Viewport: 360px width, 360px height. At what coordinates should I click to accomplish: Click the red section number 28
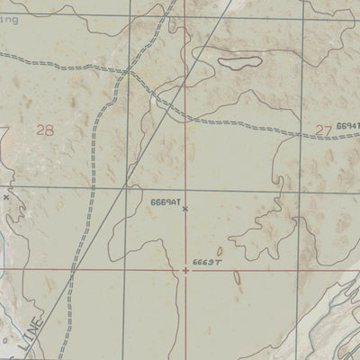pos(44,130)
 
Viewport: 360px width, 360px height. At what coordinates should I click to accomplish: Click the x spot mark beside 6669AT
pos(185,209)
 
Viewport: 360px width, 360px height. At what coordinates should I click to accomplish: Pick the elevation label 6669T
pos(206,264)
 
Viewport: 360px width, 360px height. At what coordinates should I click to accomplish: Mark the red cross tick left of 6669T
pos(186,268)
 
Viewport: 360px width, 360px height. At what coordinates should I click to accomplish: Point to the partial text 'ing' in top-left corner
pos(8,18)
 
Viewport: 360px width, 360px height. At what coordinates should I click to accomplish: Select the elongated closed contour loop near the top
pos(239,63)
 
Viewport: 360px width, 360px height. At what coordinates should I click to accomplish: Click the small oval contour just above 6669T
pos(220,252)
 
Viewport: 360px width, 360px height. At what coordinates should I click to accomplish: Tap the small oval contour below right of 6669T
pos(238,277)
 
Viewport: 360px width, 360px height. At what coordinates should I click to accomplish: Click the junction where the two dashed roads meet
pos(129,70)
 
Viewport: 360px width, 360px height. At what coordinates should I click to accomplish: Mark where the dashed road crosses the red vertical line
pos(187,115)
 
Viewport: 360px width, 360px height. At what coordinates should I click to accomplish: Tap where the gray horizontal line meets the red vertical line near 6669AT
pos(187,190)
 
